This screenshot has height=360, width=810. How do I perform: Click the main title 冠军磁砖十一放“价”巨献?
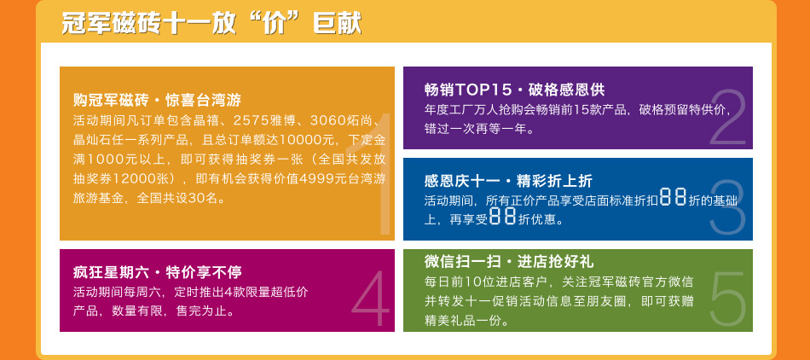click(x=211, y=24)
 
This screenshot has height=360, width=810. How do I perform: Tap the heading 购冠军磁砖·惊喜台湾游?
click(x=158, y=99)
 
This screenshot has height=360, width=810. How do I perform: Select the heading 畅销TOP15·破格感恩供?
click(x=514, y=90)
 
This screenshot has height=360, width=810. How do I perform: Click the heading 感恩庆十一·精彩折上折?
click(x=508, y=181)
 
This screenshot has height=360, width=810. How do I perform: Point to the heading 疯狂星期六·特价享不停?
click(x=158, y=271)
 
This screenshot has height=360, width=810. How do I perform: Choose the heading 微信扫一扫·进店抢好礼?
click(x=508, y=261)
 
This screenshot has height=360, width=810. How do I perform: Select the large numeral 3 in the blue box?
click(x=727, y=207)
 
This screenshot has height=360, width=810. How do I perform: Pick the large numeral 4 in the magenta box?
click(x=371, y=299)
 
